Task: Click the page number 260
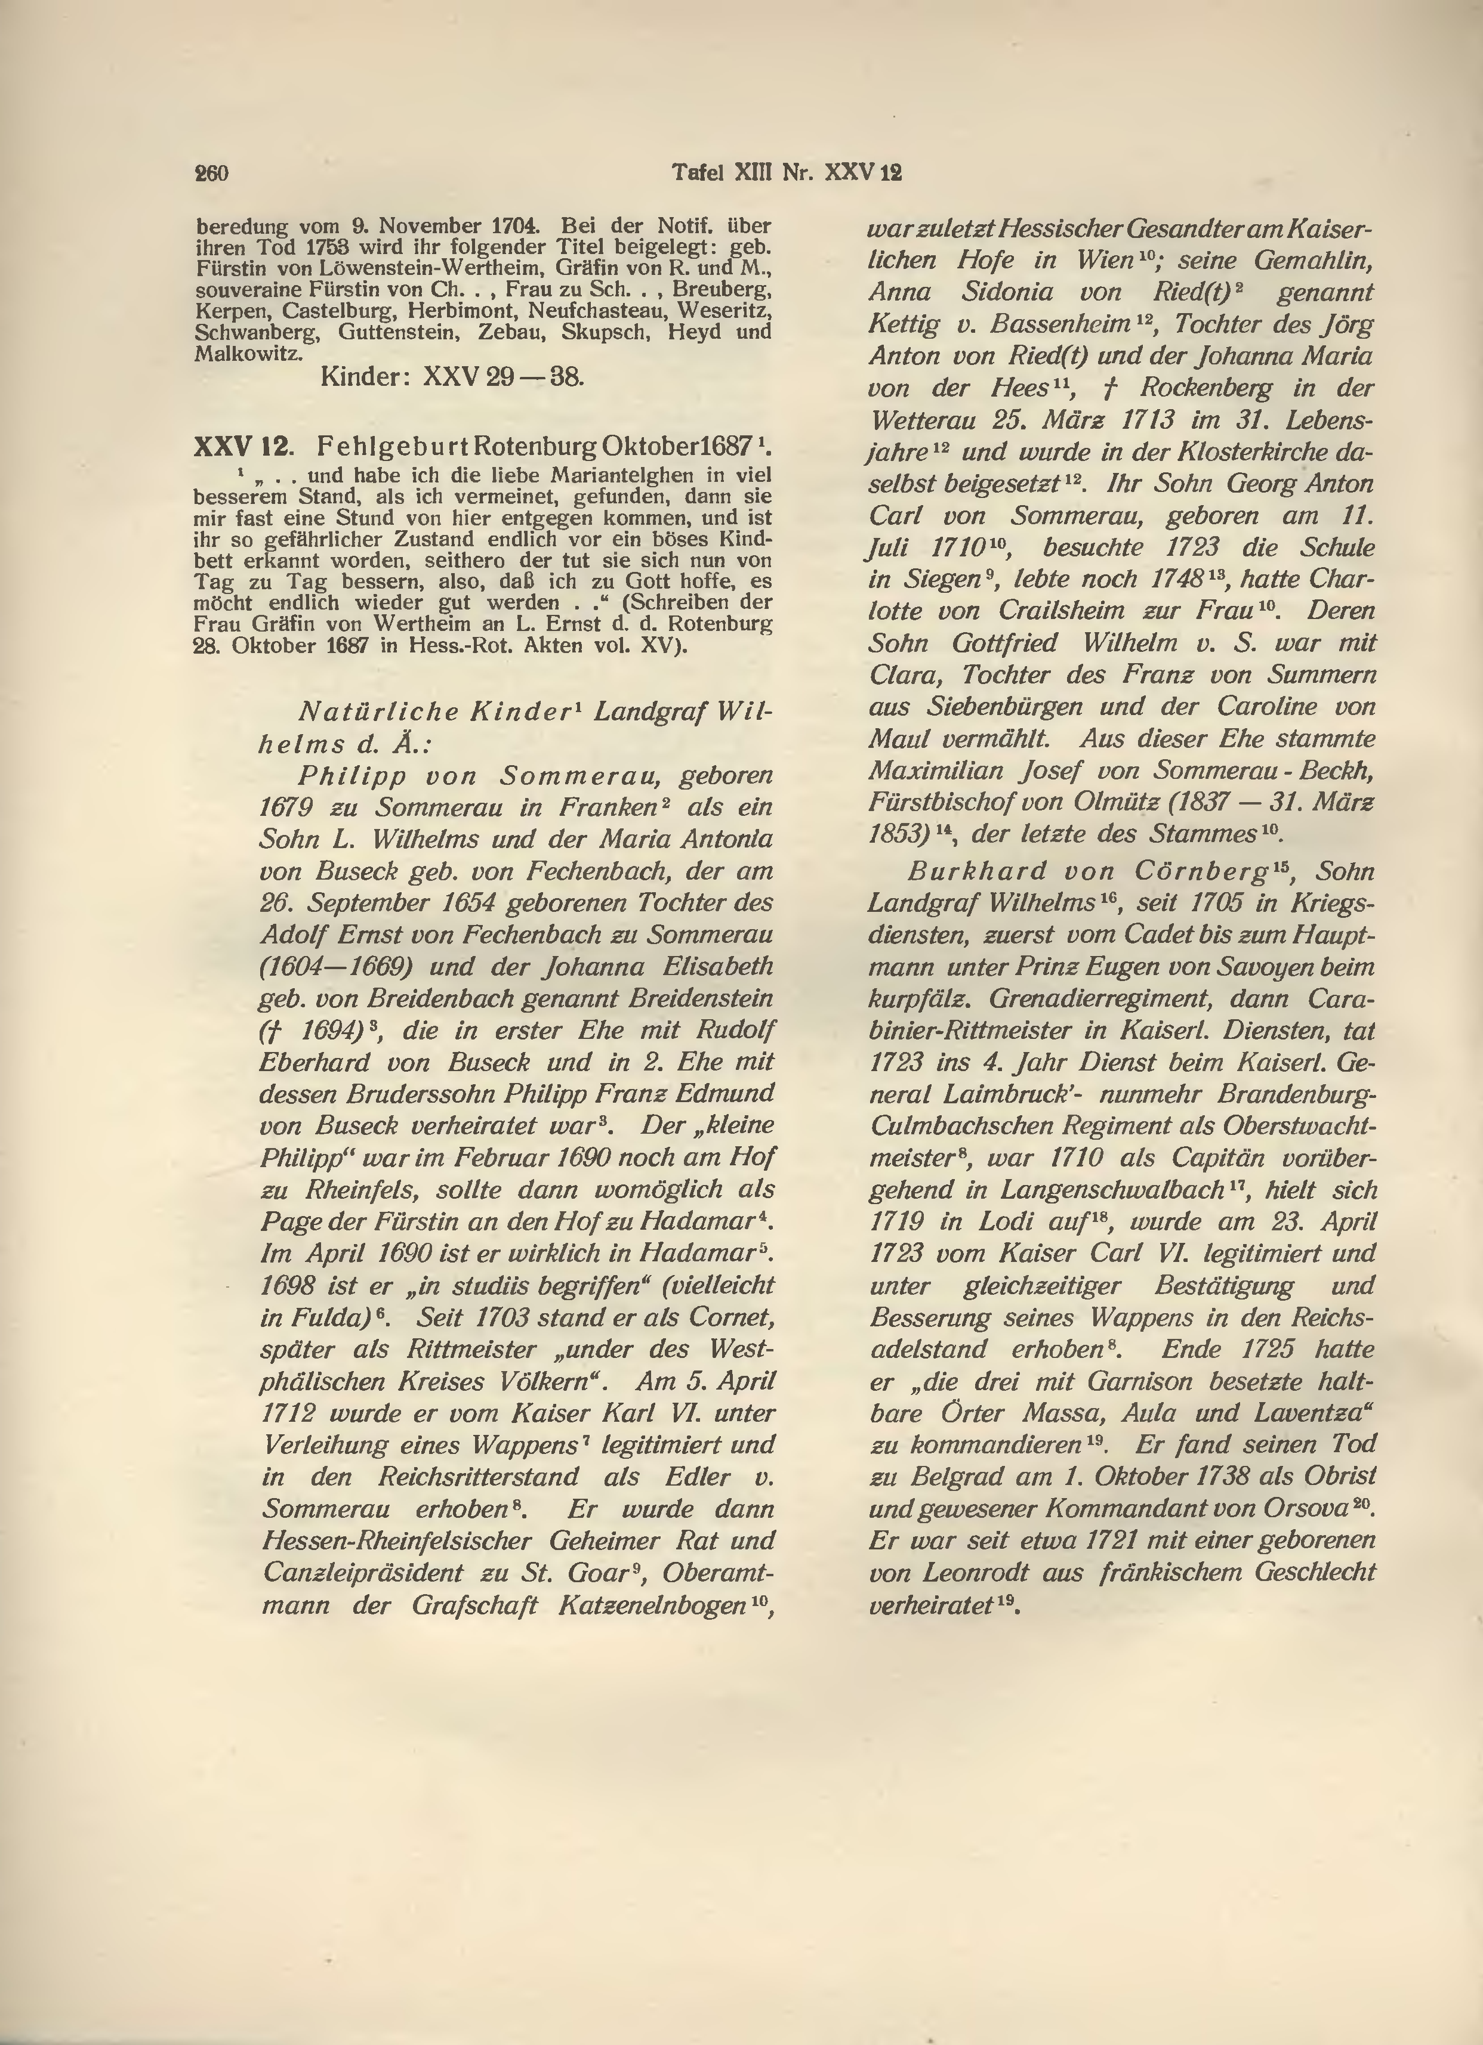click(211, 173)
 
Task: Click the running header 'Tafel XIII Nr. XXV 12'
click(787, 172)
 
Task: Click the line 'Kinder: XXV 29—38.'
click(453, 376)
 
